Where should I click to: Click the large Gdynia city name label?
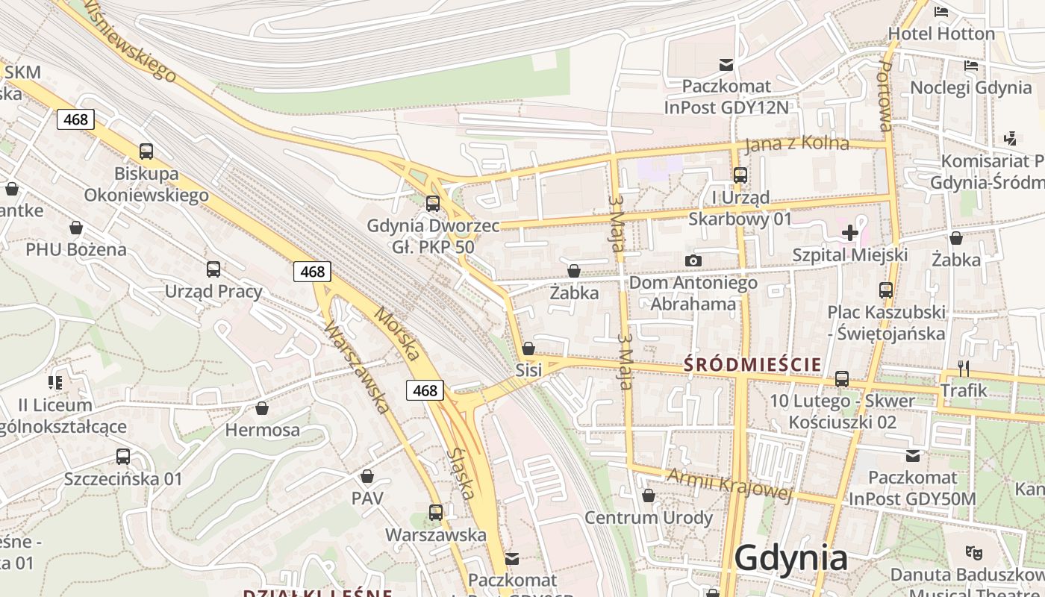click(x=791, y=558)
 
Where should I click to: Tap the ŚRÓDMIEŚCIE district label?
click(x=753, y=365)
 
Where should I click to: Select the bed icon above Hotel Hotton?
click(x=941, y=12)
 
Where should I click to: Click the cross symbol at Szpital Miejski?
click(x=849, y=233)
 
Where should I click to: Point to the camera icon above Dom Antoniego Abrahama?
click(x=693, y=260)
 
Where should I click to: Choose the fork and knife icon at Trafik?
click(x=964, y=368)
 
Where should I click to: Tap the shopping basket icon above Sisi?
click(x=528, y=348)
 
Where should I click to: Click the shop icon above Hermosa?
click(x=262, y=408)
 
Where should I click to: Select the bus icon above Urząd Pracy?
click(x=213, y=269)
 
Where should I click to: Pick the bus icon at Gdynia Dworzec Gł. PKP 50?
click(x=432, y=203)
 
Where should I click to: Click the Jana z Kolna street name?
click(x=797, y=143)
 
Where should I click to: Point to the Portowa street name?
click(x=885, y=96)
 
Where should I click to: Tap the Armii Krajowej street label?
click(x=729, y=484)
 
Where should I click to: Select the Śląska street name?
click(x=461, y=473)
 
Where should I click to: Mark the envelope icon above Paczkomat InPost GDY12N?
click(x=726, y=65)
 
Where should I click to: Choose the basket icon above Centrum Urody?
click(x=649, y=496)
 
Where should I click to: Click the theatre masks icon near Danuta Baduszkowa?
click(x=973, y=552)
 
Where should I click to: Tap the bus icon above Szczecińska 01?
click(x=123, y=457)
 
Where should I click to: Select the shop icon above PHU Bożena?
click(x=76, y=228)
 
